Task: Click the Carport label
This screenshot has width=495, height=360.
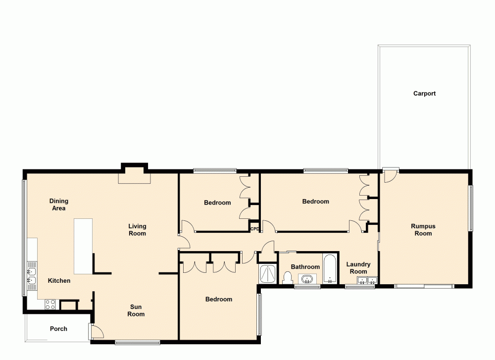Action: point(424,94)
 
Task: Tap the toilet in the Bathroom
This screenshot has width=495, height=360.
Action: point(287,278)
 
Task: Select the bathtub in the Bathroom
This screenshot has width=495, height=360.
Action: point(330,269)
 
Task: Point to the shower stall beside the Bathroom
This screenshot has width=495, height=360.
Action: point(268,274)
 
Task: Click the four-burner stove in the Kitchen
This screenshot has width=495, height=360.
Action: point(50,305)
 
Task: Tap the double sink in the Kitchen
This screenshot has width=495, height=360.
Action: point(31,276)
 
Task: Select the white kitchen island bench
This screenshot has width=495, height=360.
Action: point(83,246)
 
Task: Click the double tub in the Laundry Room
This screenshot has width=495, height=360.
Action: point(367,281)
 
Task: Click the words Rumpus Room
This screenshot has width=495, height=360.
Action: point(423,230)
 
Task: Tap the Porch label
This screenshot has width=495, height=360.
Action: point(58,329)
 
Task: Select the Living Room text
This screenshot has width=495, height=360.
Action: point(137,230)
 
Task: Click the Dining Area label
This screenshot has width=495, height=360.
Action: point(59,205)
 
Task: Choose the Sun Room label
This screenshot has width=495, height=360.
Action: point(136,310)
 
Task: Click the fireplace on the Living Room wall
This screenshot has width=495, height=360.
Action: point(134,175)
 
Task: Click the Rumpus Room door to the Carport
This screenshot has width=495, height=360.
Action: point(390,176)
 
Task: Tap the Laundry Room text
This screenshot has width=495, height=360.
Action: point(358,268)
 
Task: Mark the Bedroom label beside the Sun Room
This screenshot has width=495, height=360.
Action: point(219,299)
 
